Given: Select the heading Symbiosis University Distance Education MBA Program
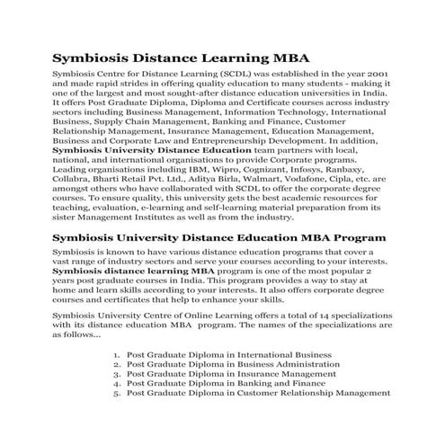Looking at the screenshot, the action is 219,237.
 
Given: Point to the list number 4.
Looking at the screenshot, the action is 117,382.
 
